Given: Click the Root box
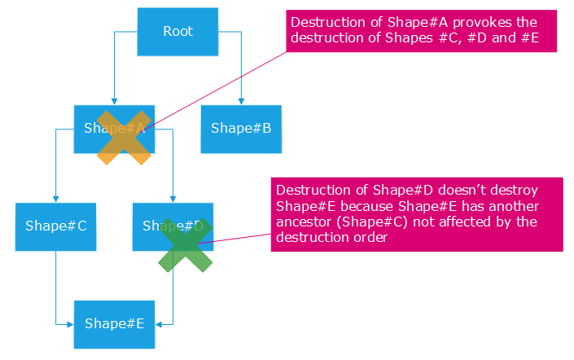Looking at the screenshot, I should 177,32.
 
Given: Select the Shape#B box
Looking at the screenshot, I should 241,129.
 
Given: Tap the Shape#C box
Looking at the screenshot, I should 55,226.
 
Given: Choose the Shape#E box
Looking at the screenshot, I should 114,323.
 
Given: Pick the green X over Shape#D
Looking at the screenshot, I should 185,244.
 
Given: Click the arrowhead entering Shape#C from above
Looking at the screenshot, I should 55,199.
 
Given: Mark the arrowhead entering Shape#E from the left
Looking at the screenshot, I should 71,323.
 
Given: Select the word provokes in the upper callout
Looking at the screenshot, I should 467,23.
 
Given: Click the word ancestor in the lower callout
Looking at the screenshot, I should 305,222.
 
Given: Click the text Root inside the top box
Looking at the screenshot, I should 177,32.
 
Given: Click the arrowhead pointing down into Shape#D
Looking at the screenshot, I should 173,199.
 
